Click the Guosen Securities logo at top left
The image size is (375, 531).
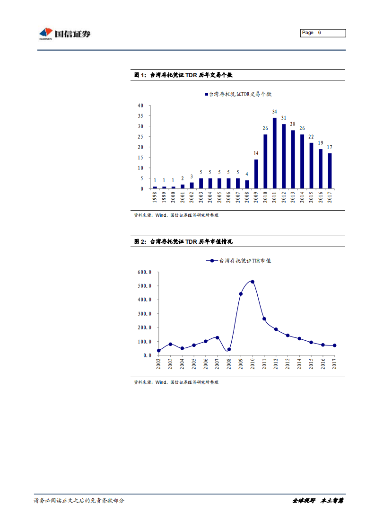[x=64, y=34]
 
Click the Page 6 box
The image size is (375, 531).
[x=323, y=33]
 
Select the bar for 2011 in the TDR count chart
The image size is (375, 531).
[x=275, y=153]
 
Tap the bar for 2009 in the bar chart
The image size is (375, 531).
[x=256, y=174]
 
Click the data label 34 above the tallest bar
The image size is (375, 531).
[x=275, y=112]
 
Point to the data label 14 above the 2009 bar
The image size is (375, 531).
[x=256, y=153]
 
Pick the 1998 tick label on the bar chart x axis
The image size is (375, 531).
[x=155, y=197]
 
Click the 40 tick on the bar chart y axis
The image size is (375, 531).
[x=140, y=106]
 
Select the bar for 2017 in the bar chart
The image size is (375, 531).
[x=330, y=170]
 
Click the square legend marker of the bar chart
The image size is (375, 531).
[x=206, y=94]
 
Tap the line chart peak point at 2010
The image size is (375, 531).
[x=253, y=282]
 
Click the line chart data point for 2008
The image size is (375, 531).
[x=229, y=350]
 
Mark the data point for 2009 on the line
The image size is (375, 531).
[x=241, y=294]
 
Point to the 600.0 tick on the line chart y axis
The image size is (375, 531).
[x=144, y=272]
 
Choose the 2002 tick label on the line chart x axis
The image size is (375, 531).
[x=158, y=364]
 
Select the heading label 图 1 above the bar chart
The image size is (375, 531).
[x=140, y=75]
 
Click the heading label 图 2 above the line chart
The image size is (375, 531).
[x=140, y=241]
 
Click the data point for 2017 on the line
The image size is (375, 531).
[x=334, y=345]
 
